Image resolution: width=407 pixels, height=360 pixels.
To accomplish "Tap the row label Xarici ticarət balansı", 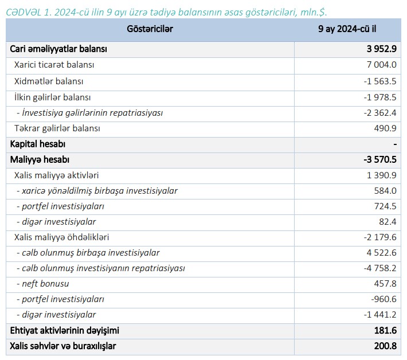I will (54, 65).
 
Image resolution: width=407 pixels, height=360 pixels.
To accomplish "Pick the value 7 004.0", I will (381, 65).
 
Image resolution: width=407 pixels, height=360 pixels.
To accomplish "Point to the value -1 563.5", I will (379, 81).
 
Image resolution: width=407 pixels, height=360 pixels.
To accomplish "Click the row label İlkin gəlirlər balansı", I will (53, 97).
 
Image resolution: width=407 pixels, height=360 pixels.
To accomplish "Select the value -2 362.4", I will (379, 114).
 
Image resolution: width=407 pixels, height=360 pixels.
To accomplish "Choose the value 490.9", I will (385, 129).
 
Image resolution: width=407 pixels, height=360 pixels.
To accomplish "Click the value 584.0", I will (385, 191).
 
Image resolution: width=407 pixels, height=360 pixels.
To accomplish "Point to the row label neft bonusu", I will (42, 284).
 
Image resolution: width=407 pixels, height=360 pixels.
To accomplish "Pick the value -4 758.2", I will (379, 268).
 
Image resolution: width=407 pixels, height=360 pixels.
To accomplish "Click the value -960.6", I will (383, 299).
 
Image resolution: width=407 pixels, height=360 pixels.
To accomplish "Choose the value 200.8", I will (385, 346).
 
